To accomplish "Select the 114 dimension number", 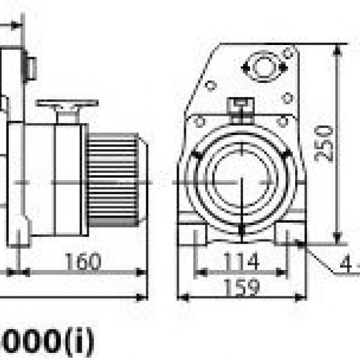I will coord(241,261).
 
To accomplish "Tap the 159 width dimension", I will coord(241,286).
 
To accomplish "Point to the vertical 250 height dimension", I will coord(325,143).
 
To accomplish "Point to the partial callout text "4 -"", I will coord(349,266).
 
